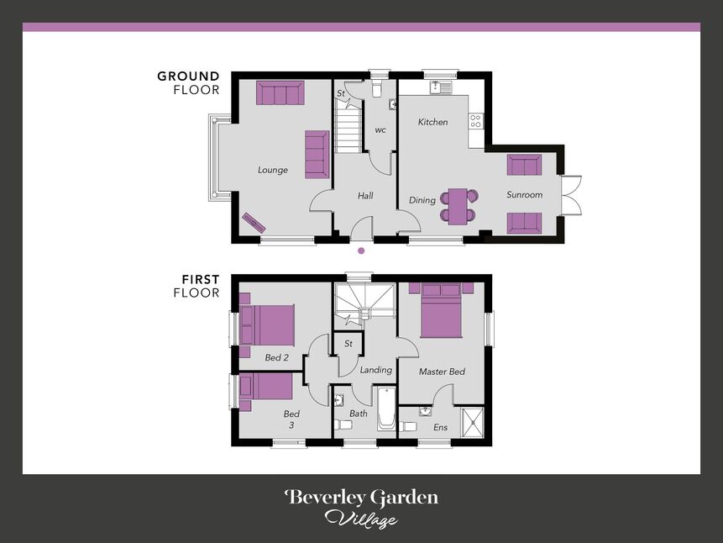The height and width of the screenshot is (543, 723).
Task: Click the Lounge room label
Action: click(273, 170)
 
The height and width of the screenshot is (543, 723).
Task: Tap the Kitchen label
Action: click(432, 122)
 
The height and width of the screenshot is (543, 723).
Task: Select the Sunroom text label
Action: click(524, 195)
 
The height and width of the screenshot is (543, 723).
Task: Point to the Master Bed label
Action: click(442, 372)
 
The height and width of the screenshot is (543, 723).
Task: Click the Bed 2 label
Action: click(276, 358)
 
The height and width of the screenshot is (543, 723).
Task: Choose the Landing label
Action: click(375, 370)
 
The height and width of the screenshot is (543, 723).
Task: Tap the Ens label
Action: click(440, 427)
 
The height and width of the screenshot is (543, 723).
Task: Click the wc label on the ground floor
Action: click(380, 130)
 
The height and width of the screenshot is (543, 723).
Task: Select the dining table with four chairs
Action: click(459, 206)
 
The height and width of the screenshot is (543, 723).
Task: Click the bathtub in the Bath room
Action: click(385, 409)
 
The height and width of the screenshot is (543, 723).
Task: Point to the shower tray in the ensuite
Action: click(472, 422)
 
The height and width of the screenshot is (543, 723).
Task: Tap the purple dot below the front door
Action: click(361, 250)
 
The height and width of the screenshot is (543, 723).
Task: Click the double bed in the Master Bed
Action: click(441, 310)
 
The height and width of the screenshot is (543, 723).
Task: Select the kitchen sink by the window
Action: click(440, 87)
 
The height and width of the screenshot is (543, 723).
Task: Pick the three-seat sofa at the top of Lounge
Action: click(280, 92)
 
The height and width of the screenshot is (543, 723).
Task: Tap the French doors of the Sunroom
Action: click(571, 196)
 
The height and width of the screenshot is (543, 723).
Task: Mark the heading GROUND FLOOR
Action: click(188, 82)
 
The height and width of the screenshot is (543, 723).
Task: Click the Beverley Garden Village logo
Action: click(361, 508)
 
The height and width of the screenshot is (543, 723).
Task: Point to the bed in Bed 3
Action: click(267, 387)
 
